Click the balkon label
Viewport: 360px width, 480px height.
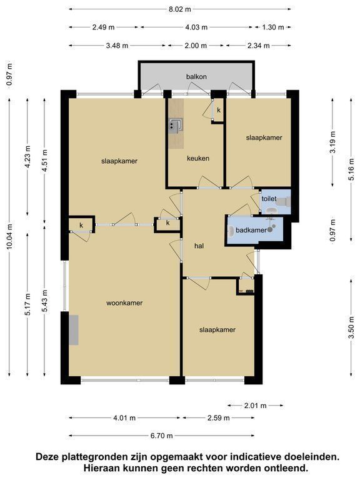click(x=196, y=76)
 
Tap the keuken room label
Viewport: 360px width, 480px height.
click(x=198, y=158)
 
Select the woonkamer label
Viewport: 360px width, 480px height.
click(x=124, y=302)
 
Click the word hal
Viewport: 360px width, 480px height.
click(x=199, y=246)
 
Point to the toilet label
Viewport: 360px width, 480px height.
click(x=269, y=199)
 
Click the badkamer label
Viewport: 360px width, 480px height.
click(x=251, y=230)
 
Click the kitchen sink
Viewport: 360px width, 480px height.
click(x=176, y=126)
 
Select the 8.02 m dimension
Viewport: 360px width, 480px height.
click(x=180, y=9)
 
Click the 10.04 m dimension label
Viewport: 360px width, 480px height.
click(x=9, y=236)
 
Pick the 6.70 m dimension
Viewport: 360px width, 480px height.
click(x=161, y=435)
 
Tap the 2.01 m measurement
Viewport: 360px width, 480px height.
click(x=255, y=406)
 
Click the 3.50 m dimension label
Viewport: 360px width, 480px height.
click(x=351, y=327)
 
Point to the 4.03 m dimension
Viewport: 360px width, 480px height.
click(x=196, y=27)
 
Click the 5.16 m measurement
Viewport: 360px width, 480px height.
click(x=351, y=168)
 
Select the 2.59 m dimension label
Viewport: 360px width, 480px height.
click(x=218, y=418)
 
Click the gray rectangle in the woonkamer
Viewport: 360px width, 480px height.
click(x=74, y=330)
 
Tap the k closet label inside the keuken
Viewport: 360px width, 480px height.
click(x=219, y=110)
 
